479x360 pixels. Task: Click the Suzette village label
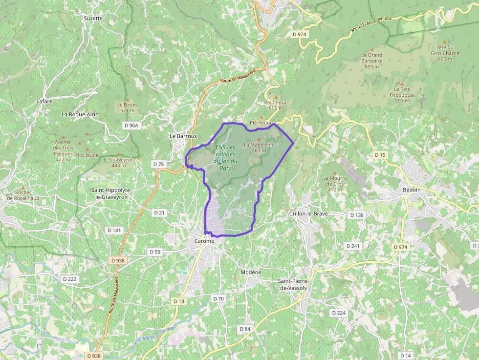point(93,18)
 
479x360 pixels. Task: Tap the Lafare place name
point(44,102)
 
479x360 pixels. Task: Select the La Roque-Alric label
point(80,114)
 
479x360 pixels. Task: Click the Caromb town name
point(204,241)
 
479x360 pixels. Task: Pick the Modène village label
point(251,272)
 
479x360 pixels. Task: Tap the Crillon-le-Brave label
point(308,214)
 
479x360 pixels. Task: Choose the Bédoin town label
point(412,190)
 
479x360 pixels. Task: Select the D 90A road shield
point(132,126)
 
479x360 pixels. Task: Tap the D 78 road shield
point(158,164)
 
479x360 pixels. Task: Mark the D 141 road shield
point(114,230)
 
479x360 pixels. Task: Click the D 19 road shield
point(380,155)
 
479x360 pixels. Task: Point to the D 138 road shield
point(357,215)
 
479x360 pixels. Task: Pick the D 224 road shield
point(338,313)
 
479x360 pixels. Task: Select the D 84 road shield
point(245,329)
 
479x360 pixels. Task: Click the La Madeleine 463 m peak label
point(259,147)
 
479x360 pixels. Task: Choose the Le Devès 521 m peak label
point(127,107)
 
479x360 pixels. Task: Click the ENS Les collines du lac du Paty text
point(225,158)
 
